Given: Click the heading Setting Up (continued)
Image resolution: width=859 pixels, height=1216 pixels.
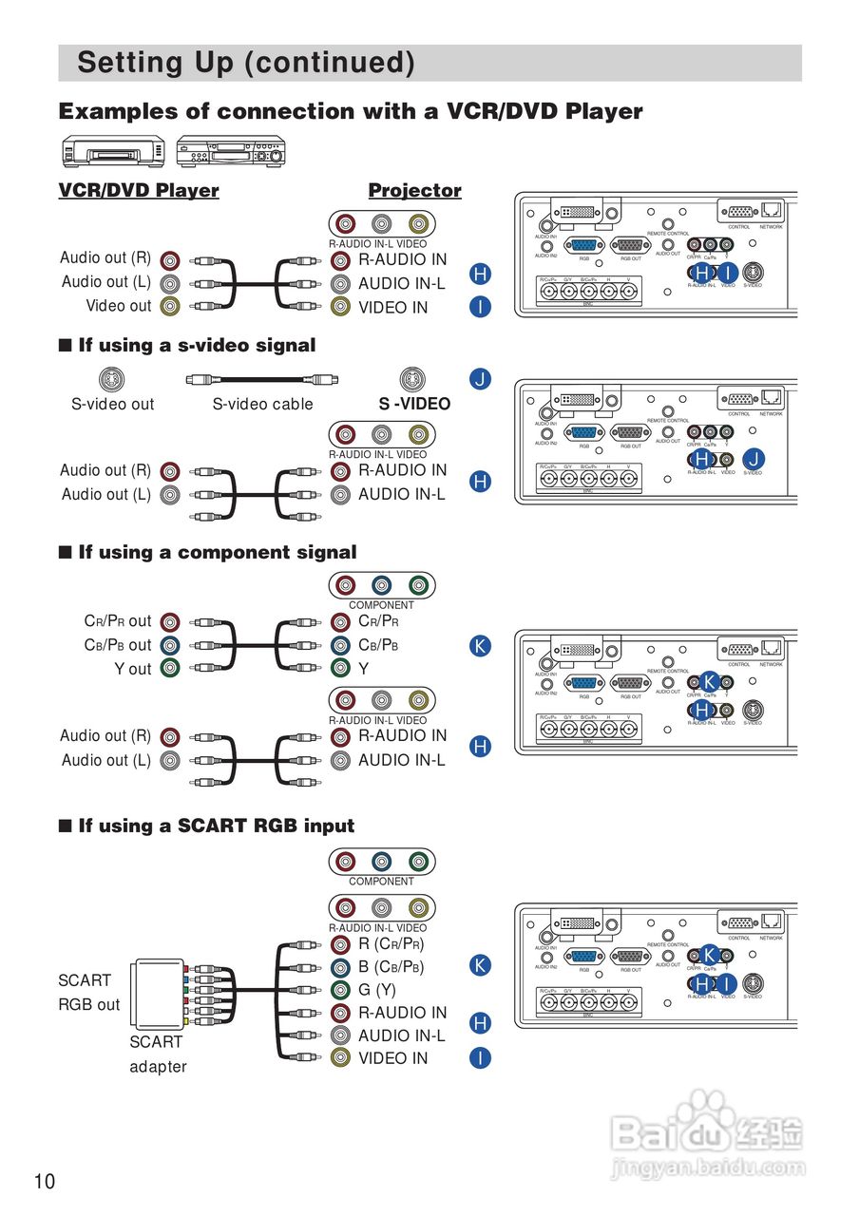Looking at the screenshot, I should [245, 63].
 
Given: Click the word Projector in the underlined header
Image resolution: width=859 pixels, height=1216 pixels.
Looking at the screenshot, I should [414, 190].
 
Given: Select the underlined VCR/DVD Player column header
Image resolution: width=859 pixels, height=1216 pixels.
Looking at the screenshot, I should [139, 190].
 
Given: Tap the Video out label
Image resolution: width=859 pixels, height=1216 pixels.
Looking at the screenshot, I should [119, 306].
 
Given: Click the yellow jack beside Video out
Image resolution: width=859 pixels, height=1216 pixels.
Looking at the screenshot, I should [169, 306].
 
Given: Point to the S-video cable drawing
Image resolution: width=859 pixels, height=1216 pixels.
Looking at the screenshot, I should [260, 379].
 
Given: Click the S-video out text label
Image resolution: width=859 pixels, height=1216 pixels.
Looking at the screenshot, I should [112, 404].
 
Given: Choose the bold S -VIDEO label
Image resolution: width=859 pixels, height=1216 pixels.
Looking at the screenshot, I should [414, 404].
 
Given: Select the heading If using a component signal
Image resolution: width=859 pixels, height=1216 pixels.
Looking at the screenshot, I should [217, 552].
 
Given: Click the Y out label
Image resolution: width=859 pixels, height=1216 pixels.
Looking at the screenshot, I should [133, 669].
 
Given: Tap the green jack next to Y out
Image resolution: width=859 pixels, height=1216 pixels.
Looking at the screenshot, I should [169, 668].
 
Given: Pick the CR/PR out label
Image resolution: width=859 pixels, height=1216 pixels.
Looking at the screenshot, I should [118, 621].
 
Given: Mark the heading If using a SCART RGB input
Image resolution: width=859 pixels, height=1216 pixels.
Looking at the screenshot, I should [216, 826].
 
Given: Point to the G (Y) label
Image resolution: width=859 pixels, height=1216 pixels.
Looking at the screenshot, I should [377, 990].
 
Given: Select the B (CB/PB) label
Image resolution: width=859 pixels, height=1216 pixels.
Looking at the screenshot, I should [391, 967].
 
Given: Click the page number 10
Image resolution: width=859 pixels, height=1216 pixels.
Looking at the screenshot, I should [45, 1181].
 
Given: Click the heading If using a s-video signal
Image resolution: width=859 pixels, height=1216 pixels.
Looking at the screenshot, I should [197, 345].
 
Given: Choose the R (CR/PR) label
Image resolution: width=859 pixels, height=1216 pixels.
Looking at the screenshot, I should [391, 944].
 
